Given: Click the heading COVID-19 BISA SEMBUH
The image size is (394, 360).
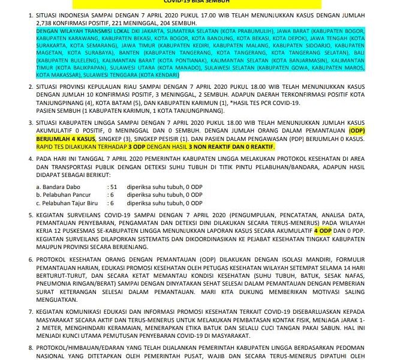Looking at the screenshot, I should coord(197,2).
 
